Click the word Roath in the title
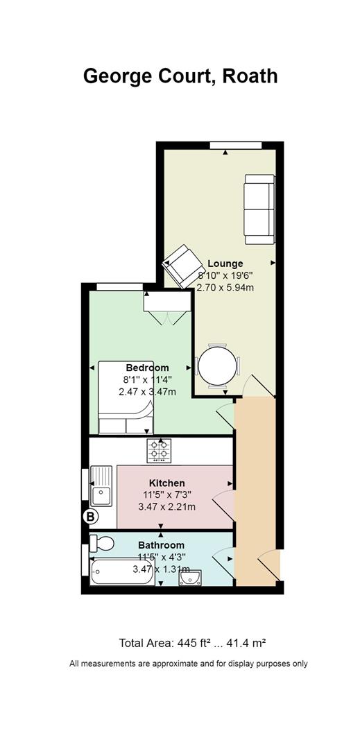pos(250,76)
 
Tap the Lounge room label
pos(225,264)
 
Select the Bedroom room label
pos(147,368)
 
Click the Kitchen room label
pos(166,483)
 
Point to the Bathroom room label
pos(161,545)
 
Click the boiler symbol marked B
pos(90,517)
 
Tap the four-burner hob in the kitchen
pos(160,451)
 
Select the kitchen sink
pos(101,485)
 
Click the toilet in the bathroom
pos(101,543)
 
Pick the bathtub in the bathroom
pos(123,572)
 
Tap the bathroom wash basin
pos(190,578)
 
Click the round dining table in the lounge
pos(217,365)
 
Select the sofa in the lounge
pos(259,209)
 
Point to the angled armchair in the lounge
pos(180,266)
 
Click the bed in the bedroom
pos(126,397)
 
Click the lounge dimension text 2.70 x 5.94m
pos(225,288)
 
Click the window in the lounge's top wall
pos(236,146)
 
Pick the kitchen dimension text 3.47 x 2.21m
pos(166,507)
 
